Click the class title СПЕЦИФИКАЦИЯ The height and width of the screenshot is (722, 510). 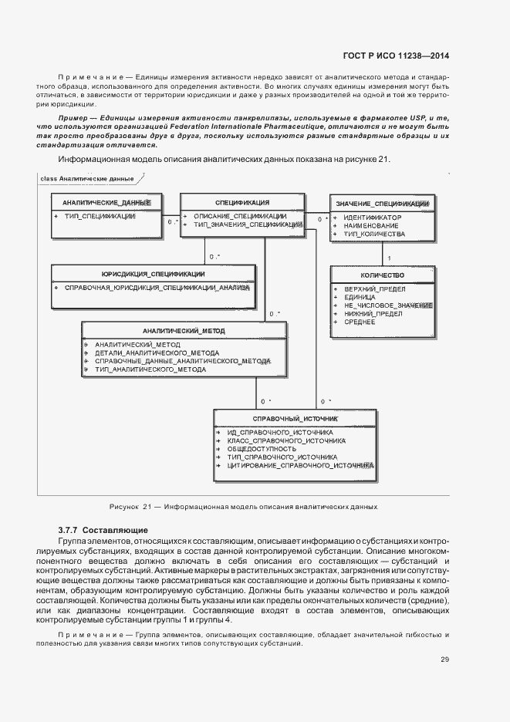tap(237, 202)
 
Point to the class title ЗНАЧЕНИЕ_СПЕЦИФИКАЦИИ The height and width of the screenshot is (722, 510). tap(383, 204)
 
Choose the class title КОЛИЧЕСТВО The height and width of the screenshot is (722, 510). tap(382, 275)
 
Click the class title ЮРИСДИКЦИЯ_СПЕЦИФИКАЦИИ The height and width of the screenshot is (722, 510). tap(153, 274)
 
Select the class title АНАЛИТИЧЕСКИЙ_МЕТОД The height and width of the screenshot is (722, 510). tap(184, 331)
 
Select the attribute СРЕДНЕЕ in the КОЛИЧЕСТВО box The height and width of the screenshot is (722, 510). tap(359, 321)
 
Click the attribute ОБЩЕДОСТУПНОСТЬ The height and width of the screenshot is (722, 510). tap(261, 449)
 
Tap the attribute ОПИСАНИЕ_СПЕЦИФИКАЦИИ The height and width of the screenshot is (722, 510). tap(240, 216)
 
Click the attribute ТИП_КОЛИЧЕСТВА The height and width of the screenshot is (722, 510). tap(373, 233)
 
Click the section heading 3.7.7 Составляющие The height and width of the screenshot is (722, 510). tap(103, 530)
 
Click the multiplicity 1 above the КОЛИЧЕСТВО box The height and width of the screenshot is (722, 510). tap(388, 258)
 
